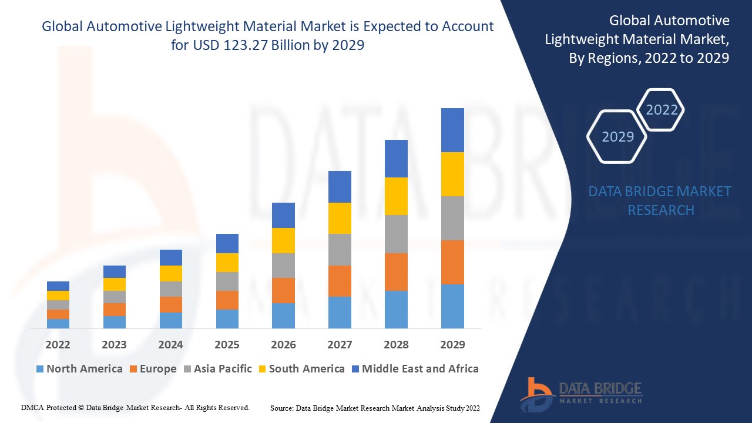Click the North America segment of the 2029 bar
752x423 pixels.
tap(452, 306)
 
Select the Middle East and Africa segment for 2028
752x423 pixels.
tap(396, 159)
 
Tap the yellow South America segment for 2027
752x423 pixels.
tap(340, 218)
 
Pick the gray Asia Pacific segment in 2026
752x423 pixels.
tap(283, 266)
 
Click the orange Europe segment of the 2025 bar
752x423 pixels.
tap(227, 300)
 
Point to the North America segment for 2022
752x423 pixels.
tap(58, 323)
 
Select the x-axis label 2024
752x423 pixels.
tap(170, 344)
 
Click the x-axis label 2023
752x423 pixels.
tap(114, 344)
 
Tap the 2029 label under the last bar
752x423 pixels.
tap(452, 344)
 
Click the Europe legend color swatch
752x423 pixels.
tap(133, 369)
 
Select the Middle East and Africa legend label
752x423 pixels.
tap(420, 369)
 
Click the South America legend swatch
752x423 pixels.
tap(262, 369)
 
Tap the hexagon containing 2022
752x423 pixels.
tap(662, 110)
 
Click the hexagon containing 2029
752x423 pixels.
tap(617, 136)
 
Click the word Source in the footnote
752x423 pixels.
tap(281, 407)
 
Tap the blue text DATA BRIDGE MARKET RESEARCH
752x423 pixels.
tap(660, 200)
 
